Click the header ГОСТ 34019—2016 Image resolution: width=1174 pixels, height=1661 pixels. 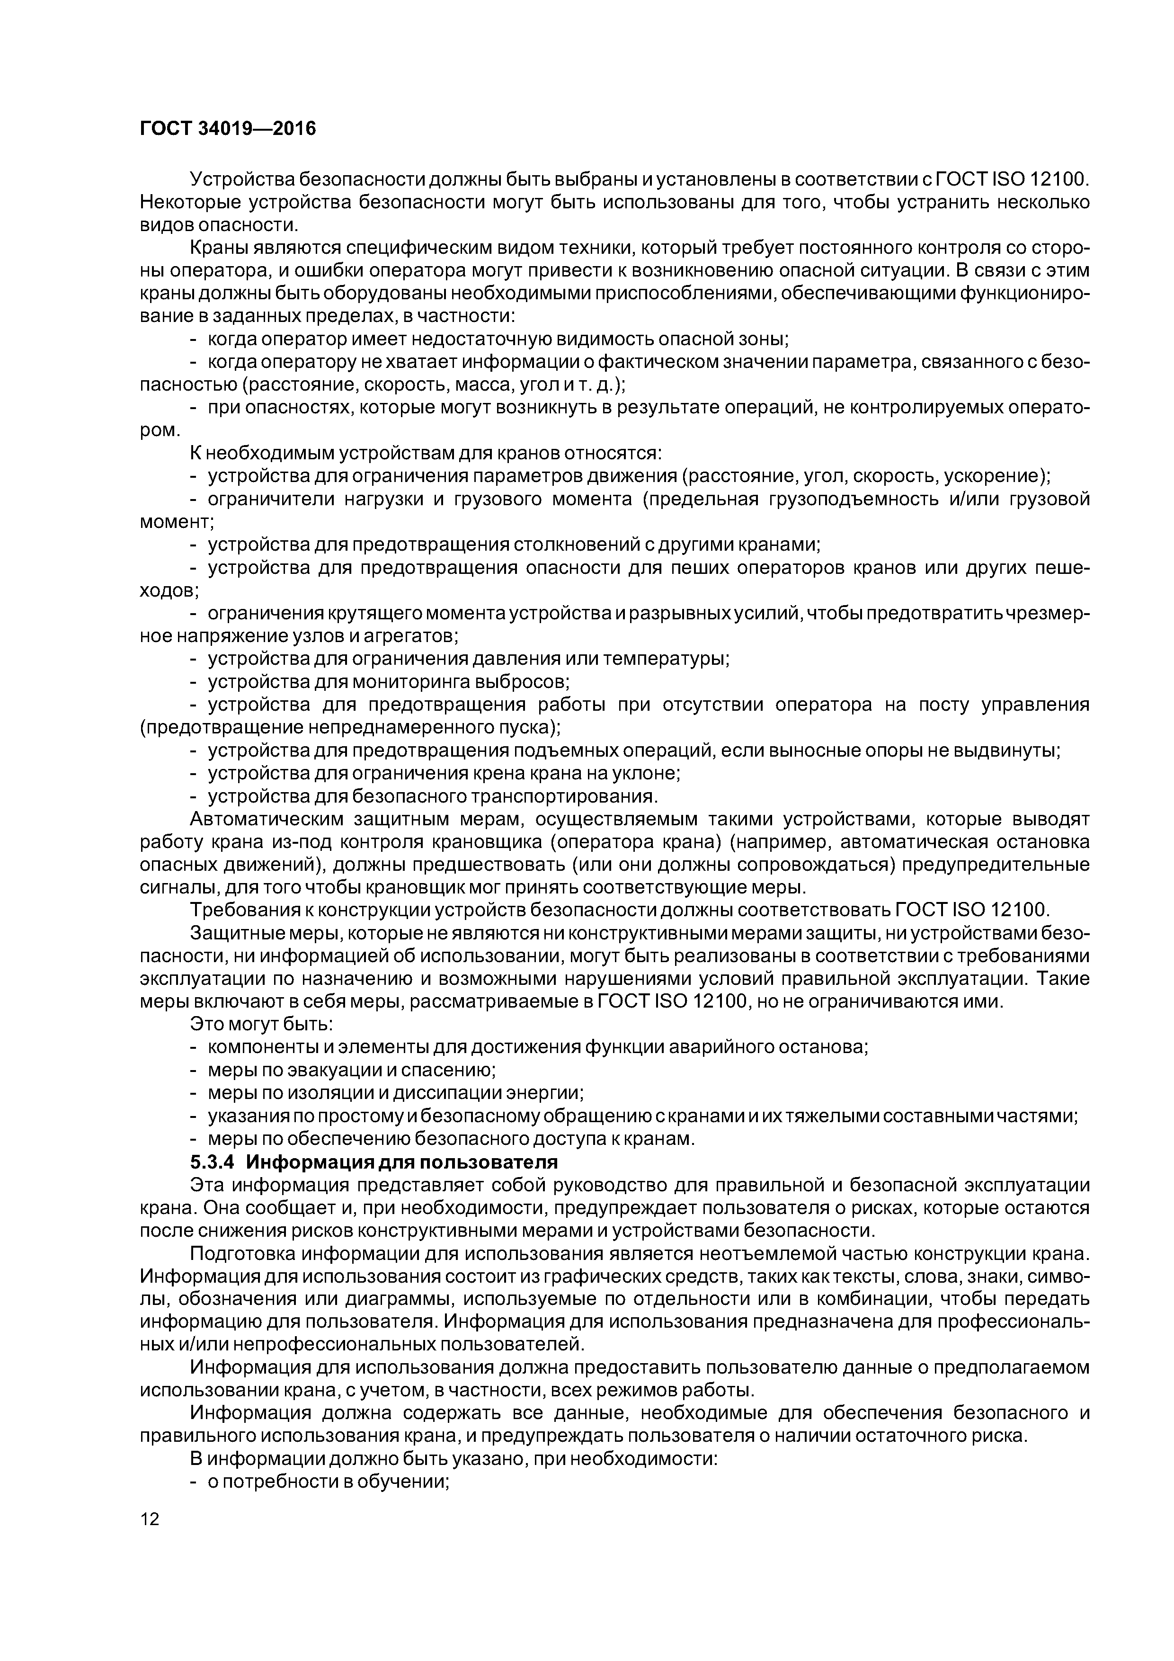tap(228, 129)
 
